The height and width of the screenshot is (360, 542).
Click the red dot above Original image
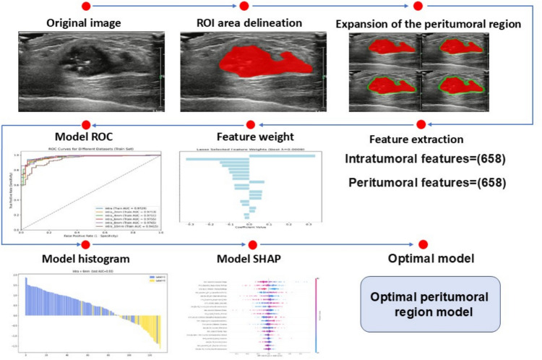(x=87, y=7)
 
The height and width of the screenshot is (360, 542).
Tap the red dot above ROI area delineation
(x=244, y=7)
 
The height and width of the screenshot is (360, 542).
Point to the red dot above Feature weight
(x=251, y=124)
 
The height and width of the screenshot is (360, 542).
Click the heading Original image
(x=84, y=23)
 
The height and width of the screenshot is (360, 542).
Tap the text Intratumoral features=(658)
(x=419, y=158)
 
